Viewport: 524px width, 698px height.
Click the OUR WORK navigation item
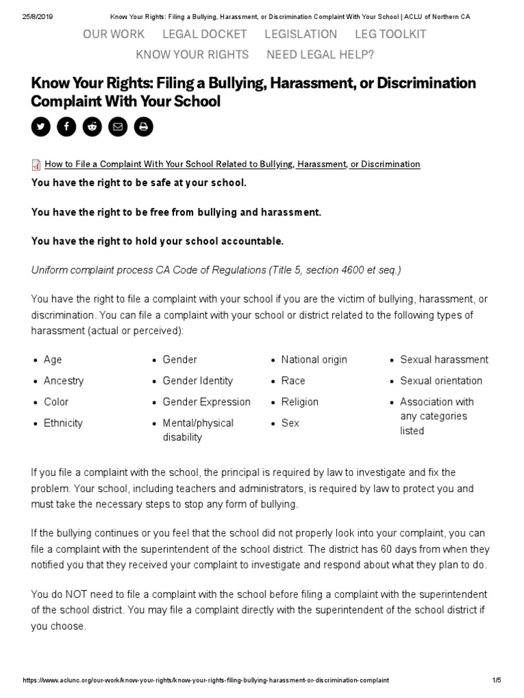pyautogui.click(x=113, y=34)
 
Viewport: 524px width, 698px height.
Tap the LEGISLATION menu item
pyautogui.click(x=301, y=34)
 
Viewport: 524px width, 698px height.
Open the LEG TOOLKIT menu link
pyautogui.click(x=391, y=34)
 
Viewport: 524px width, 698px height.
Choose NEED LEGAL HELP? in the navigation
pyautogui.click(x=320, y=55)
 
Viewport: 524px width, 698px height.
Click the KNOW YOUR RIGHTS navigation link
pyautogui.click(x=192, y=55)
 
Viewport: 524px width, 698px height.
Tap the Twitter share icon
pyautogui.click(x=41, y=127)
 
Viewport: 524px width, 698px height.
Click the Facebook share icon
pyautogui.click(x=66, y=127)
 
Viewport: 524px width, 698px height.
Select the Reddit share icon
pyautogui.click(x=92, y=127)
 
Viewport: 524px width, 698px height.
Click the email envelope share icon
pyautogui.click(x=118, y=127)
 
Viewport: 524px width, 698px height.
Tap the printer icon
pyautogui.click(x=143, y=127)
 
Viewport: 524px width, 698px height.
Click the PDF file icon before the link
pyautogui.click(x=37, y=164)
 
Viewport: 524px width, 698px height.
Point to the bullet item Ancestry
pyautogui.click(x=63, y=380)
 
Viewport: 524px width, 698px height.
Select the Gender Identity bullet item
pyautogui.click(x=197, y=380)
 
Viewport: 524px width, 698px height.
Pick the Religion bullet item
pyautogui.click(x=300, y=401)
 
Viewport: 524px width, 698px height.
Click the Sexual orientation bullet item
pyautogui.click(x=441, y=380)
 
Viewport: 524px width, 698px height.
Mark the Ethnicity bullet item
pyautogui.click(x=63, y=423)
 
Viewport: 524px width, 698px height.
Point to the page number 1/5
pyautogui.click(x=496, y=680)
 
